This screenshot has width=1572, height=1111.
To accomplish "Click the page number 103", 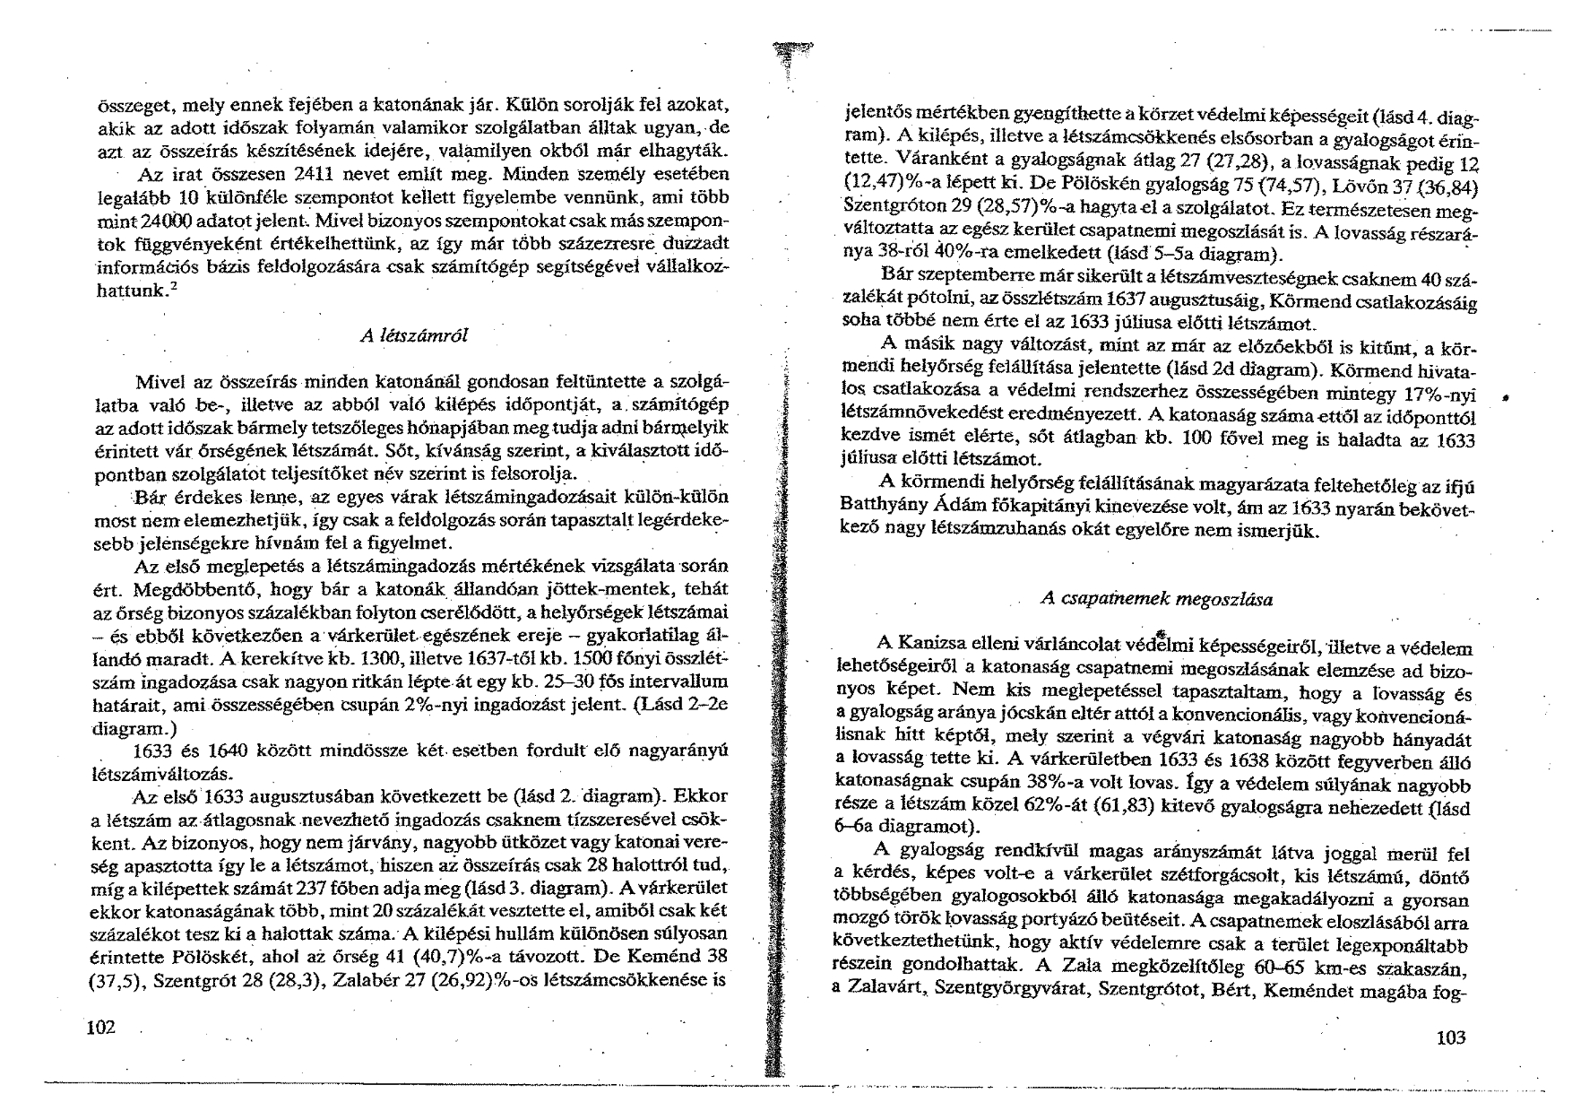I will point(1450,1037).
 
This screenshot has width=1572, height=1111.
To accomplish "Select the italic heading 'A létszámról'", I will point(413,336).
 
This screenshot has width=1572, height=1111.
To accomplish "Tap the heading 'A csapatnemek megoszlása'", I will point(1156,599).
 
